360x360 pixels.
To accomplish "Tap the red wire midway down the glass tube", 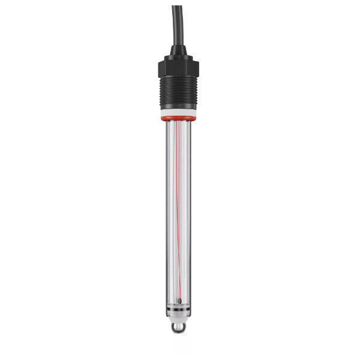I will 179,210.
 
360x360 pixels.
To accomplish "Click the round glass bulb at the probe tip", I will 178,328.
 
